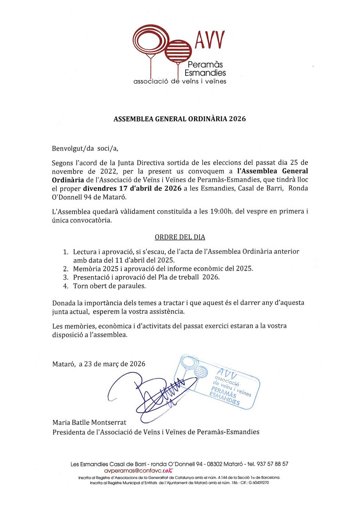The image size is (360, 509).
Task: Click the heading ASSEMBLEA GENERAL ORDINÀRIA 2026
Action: coord(179,119)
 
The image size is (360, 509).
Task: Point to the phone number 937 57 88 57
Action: coord(272,464)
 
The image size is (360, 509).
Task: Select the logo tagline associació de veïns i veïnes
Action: coord(179,82)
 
